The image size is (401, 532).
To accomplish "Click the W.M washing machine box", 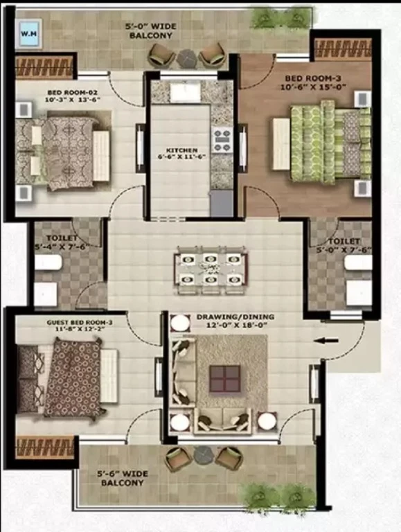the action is [x=30, y=33].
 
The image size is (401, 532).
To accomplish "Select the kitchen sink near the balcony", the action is [x=186, y=92].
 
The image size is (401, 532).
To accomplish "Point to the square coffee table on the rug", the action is [x=224, y=378].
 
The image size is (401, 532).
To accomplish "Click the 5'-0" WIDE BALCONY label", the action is [x=151, y=30].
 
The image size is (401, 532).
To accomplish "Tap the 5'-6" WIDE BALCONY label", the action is [x=123, y=478].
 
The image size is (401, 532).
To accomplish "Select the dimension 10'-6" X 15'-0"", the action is [x=313, y=87].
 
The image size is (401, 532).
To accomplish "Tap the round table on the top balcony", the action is [x=186, y=57].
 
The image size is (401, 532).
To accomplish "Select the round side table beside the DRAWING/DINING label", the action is [x=180, y=323].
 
